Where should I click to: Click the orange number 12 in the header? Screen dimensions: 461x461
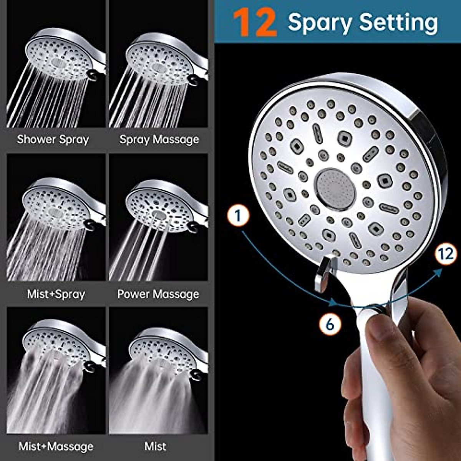point(255,23)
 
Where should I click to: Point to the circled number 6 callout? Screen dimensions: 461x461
point(330,324)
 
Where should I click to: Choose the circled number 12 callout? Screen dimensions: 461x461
point(446,254)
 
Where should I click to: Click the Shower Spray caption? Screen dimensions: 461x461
point(53,139)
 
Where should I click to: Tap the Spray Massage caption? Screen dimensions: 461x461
point(159,139)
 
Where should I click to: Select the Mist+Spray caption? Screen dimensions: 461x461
point(56,294)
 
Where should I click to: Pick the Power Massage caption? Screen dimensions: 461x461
point(158,294)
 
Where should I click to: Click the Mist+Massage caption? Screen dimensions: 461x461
point(56,446)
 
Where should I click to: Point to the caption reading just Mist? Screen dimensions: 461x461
point(155,446)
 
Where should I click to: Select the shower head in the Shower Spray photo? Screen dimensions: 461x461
point(61,58)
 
